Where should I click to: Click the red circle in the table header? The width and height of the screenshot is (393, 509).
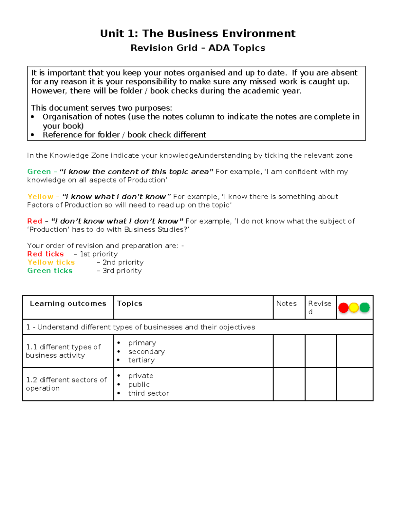coord(343,308)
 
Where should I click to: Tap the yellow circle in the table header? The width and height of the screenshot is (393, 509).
coord(354,307)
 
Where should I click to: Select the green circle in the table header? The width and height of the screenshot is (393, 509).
coord(365,307)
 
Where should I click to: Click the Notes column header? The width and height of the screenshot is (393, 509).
coord(286,303)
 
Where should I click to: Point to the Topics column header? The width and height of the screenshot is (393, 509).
coord(130,303)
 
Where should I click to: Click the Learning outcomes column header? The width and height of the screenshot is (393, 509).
coord(68,303)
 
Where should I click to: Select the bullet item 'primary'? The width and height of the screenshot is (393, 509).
coord(142,343)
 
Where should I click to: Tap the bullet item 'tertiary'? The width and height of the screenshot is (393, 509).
coord(141,360)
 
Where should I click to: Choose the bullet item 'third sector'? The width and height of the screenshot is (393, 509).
coord(149,393)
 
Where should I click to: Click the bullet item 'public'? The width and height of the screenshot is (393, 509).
coord(139,384)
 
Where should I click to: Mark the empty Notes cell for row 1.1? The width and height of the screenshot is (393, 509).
coord(289,351)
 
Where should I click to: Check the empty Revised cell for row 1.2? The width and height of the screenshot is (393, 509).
coord(321,384)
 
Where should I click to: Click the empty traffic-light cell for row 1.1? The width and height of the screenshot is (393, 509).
coord(355,351)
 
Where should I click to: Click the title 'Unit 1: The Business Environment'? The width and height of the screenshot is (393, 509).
coord(197,33)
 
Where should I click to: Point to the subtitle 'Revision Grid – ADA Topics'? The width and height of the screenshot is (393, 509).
coord(198,48)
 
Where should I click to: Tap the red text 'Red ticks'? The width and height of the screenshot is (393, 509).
coord(45,254)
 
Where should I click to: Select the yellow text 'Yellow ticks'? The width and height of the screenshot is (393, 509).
coord(51,262)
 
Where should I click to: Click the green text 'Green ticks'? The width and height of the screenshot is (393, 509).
coord(50,271)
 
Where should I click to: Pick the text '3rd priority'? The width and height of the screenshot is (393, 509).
coord(122,271)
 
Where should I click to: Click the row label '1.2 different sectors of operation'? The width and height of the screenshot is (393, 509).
coord(66,384)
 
